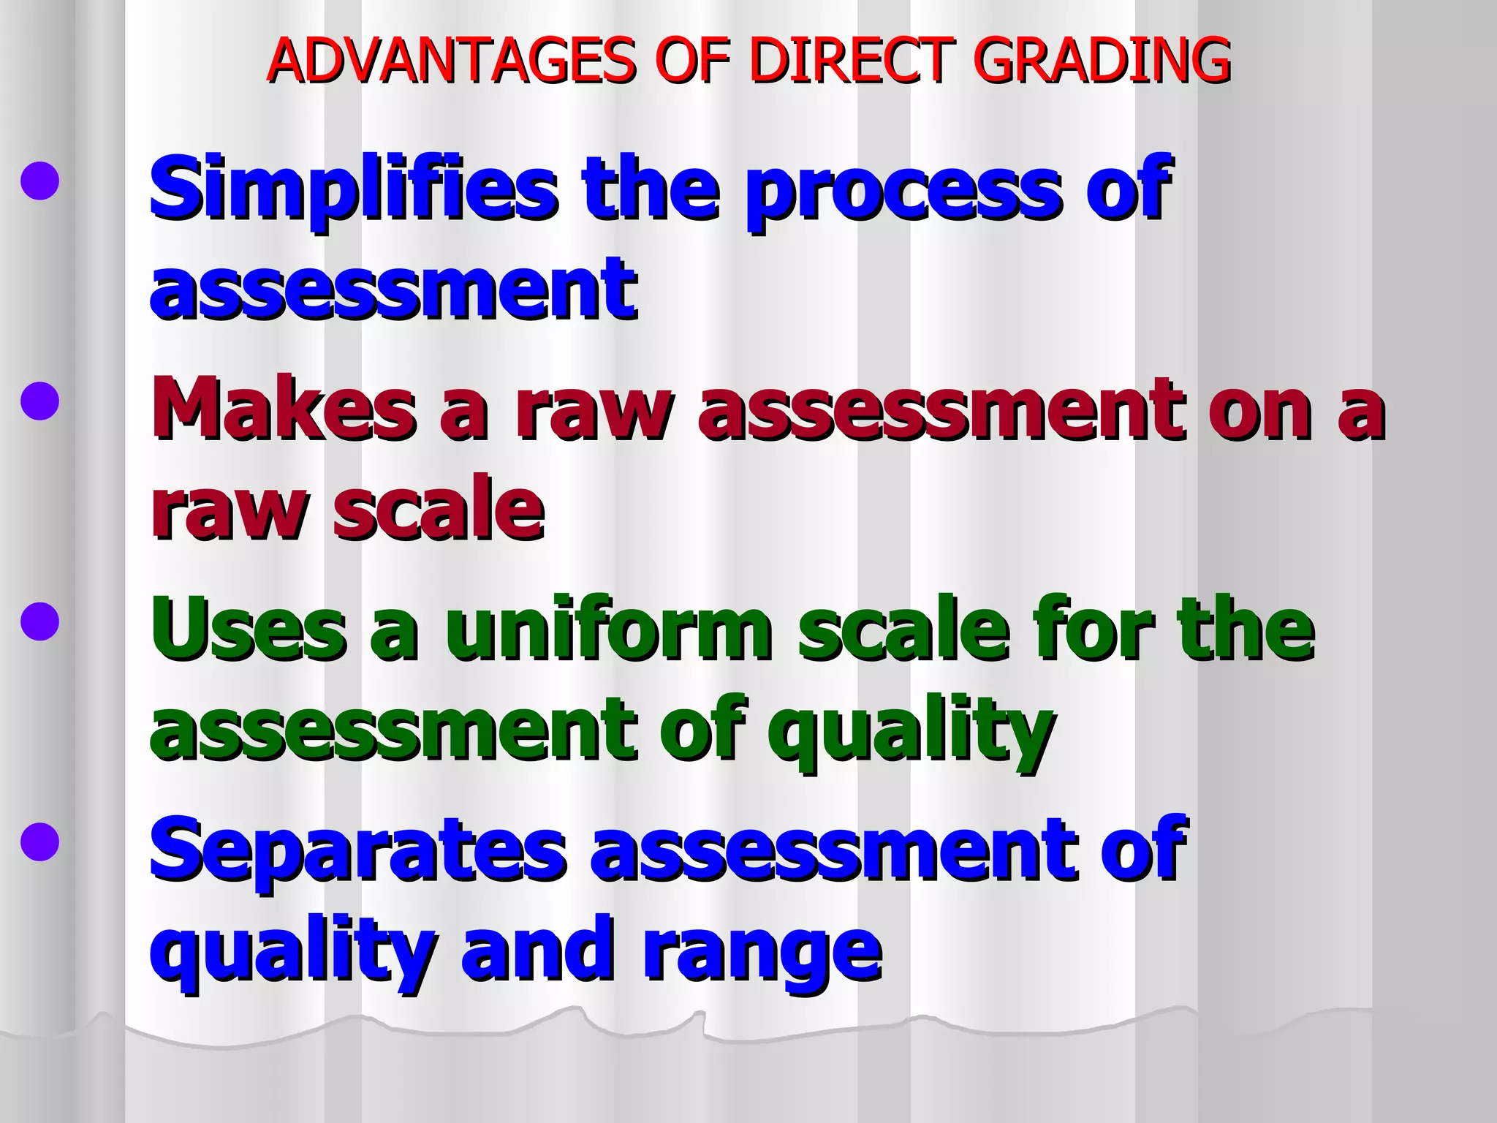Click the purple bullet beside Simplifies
[x=39, y=181]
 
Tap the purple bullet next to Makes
[x=39, y=401]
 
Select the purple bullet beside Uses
[x=39, y=621]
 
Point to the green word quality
[x=909, y=731]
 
